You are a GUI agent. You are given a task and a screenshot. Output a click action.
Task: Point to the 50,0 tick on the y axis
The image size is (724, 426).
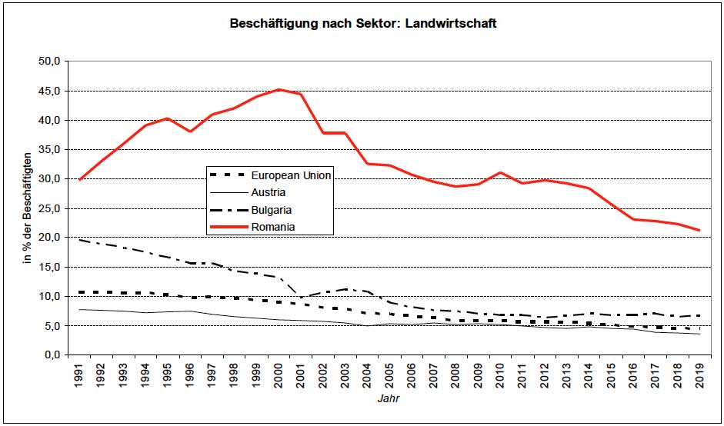point(52,62)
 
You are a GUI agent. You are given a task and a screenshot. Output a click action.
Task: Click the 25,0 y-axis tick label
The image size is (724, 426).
point(52,208)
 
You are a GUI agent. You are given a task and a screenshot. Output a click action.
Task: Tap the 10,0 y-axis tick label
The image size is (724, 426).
point(52,296)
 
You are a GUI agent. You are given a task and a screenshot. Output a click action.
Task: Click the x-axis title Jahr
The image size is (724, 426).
point(389,400)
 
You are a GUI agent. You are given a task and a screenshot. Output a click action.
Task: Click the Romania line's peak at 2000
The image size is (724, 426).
point(279,89)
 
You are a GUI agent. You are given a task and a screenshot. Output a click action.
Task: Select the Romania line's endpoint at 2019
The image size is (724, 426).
point(699,230)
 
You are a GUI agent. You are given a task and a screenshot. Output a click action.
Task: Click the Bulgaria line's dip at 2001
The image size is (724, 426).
point(301,297)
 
